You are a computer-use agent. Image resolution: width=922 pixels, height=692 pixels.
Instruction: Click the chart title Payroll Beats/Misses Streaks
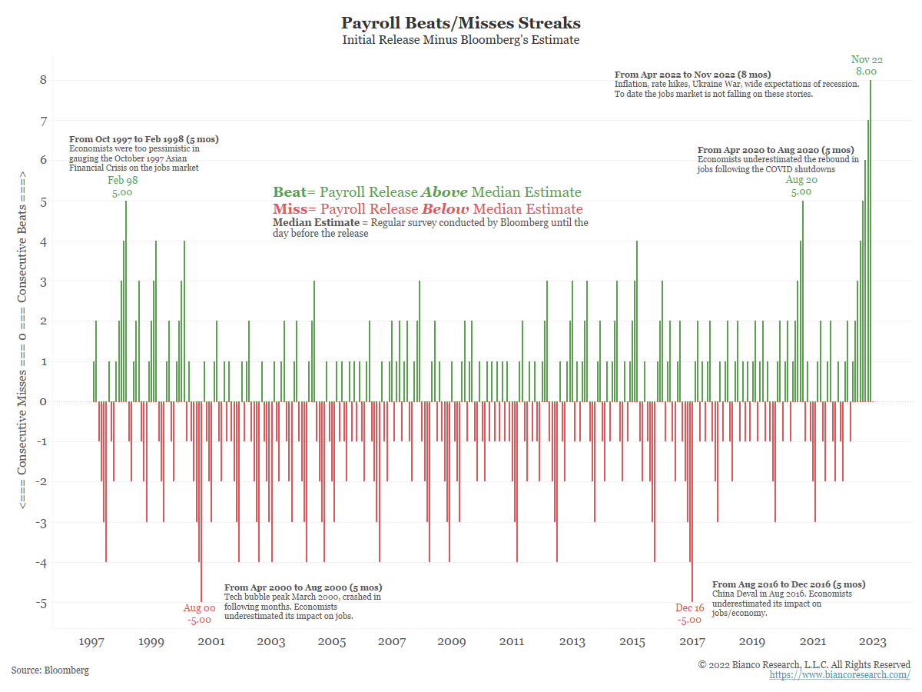461,23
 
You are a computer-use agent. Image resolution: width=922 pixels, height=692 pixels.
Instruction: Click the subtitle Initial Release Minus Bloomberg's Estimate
461,40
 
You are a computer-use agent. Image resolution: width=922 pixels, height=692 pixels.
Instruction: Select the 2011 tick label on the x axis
512,642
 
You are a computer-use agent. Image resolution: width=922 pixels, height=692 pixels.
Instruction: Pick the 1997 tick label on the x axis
92,642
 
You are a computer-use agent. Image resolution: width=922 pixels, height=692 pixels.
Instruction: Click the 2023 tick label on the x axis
873,642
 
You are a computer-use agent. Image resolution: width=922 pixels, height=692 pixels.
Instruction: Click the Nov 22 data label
866,60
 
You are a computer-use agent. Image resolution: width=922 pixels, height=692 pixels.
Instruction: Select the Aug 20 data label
801,180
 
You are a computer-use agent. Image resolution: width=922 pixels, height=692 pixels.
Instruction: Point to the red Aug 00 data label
199,608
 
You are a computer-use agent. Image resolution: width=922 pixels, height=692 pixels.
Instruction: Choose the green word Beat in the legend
289,192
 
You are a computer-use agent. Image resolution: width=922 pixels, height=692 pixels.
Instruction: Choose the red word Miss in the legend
289,209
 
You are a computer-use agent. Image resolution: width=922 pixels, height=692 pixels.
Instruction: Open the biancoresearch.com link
839,675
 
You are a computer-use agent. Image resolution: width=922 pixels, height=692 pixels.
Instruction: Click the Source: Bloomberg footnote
50,670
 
